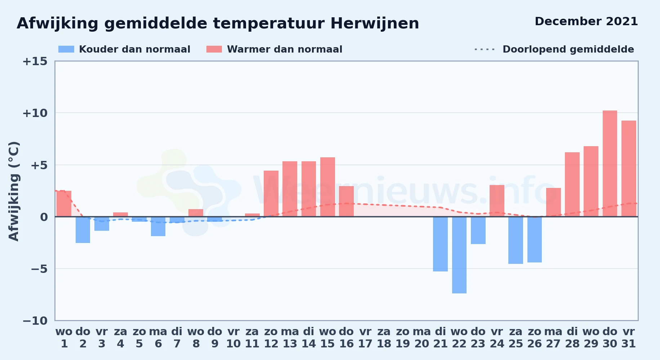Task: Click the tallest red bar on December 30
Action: pyautogui.click(x=610, y=163)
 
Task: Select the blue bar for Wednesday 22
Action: pyautogui.click(x=459, y=255)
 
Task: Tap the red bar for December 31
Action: pyautogui.click(x=629, y=168)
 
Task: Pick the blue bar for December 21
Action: pyautogui.click(x=440, y=244)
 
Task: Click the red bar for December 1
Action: pyautogui.click(x=64, y=204)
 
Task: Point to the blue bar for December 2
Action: pyautogui.click(x=83, y=230)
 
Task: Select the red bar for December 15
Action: pyautogui.click(x=327, y=187)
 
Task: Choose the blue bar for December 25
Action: pyautogui.click(x=516, y=240)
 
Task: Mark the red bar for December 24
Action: pyautogui.click(x=497, y=201)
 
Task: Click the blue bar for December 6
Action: pyautogui.click(x=158, y=226)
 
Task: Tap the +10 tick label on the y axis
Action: pyautogui.click(x=35, y=113)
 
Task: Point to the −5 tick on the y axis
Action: pyautogui.click(x=39, y=269)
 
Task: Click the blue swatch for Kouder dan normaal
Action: pyautogui.click(x=66, y=49)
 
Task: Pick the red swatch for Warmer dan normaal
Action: pyautogui.click(x=214, y=49)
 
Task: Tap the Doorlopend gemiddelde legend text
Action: pyautogui.click(x=568, y=49)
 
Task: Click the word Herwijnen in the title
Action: pyautogui.click(x=375, y=24)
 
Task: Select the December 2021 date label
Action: pyautogui.click(x=587, y=21)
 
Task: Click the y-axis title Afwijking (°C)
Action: pyautogui.click(x=14, y=191)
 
